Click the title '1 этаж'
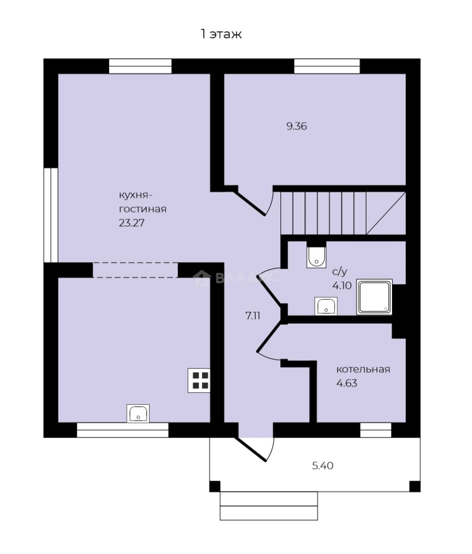(221, 34)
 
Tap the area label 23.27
(132, 223)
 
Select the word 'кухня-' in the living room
(136, 195)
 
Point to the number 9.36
(297, 126)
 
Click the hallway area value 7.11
(253, 315)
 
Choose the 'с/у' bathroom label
(340, 272)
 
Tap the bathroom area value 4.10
(342, 286)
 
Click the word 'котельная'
(363, 369)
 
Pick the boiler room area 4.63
(346, 383)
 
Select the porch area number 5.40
(323, 466)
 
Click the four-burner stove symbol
(199, 381)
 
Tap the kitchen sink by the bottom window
(138, 413)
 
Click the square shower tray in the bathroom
(374, 297)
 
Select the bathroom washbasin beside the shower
(326, 306)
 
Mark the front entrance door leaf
(251, 449)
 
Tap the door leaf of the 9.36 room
(250, 203)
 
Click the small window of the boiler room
(376, 430)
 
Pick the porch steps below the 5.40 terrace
(269, 506)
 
